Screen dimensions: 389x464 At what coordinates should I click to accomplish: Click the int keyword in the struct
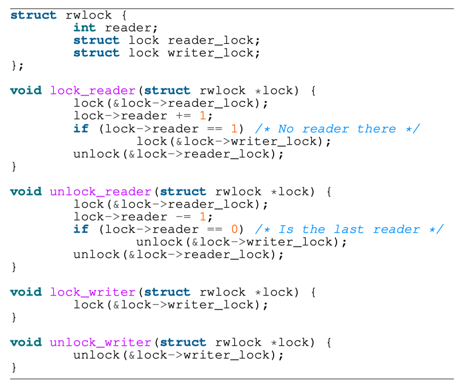tap(85, 28)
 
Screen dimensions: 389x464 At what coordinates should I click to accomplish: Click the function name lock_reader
tap(92, 91)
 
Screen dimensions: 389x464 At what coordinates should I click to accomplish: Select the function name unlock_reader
tap(100, 192)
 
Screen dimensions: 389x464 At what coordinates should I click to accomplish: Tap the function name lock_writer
tap(92, 292)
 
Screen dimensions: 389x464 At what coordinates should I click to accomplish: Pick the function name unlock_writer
tap(100, 343)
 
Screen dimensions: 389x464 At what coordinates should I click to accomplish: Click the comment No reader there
tap(337, 129)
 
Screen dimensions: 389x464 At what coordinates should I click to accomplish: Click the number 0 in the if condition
tap(234, 229)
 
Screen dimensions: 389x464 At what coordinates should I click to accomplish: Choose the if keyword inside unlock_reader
tap(81, 229)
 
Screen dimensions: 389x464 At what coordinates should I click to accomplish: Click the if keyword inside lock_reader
tap(81, 129)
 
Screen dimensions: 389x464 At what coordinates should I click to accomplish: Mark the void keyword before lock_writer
tap(26, 292)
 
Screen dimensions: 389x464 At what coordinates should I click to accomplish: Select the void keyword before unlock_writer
tap(26, 343)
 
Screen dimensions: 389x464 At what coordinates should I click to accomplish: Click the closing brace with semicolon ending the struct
tap(17, 66)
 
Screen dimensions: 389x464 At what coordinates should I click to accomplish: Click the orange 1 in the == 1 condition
tap(234, 129)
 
